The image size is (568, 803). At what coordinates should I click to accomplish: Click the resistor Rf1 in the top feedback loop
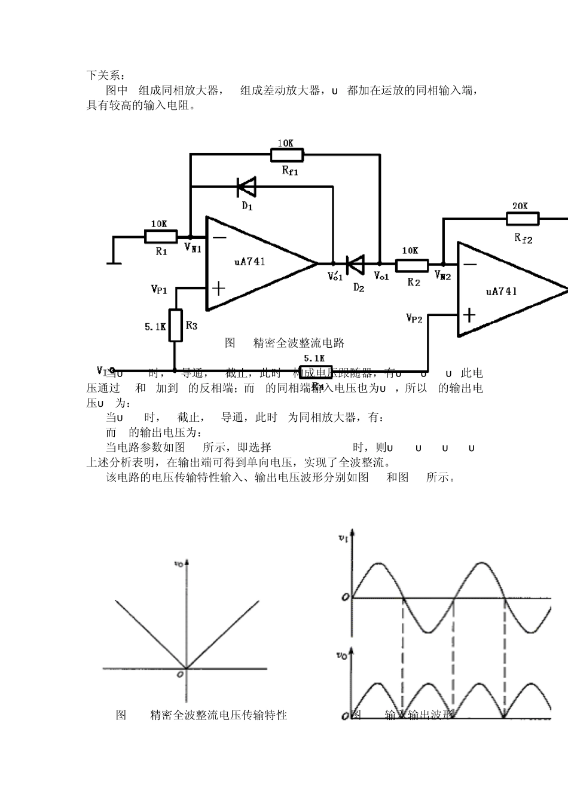point(287,155)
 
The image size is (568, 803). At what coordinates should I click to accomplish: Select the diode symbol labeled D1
point(246,187)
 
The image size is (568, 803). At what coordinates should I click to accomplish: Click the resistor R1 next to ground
point(161,237)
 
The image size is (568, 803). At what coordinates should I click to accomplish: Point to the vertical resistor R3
point(175,325)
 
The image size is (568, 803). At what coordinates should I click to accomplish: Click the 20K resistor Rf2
point(522,219)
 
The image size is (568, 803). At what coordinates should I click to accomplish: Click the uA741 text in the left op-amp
point(250,262)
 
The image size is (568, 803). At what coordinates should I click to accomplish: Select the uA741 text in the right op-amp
point(502,292)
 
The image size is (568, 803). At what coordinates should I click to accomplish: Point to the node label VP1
point(159,289)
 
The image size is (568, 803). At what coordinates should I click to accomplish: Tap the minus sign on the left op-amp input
point(219,237)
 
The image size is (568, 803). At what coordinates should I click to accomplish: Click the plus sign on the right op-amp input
point(471,314)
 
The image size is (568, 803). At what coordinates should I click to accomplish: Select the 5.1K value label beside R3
point(155,327)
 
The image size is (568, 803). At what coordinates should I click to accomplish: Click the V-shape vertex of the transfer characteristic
point(188,668)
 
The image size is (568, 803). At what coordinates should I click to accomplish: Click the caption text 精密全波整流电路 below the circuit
point(299,343)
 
